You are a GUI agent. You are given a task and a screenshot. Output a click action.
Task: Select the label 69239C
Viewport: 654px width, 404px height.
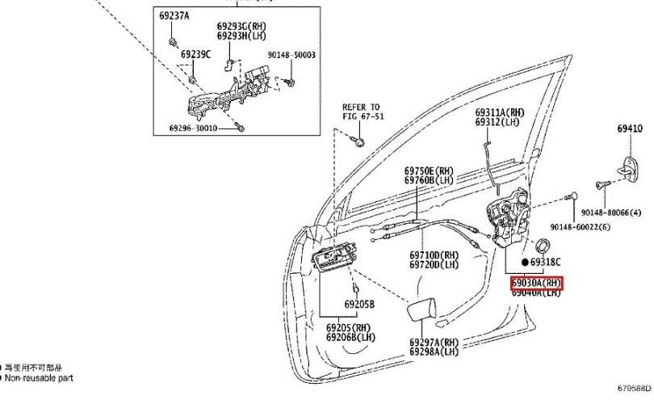coord(195,54)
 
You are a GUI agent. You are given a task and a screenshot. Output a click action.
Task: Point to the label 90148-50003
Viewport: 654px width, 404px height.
coord(291,55)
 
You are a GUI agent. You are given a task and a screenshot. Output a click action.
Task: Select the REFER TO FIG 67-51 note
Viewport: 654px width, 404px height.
coord(360,112)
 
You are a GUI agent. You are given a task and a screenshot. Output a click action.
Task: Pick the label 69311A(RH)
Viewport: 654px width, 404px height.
coord(500,112)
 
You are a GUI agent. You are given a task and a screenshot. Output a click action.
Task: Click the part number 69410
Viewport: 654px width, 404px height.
coord(630,128)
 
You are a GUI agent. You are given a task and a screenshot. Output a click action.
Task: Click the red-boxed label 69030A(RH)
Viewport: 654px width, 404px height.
coord(536,283)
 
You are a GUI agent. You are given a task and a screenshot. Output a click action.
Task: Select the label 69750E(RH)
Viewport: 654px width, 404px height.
coord(430,171)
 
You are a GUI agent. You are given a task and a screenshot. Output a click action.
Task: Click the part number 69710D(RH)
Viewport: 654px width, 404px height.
coord(434,255)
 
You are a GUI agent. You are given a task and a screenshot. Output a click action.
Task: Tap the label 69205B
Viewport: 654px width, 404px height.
coord(359,304)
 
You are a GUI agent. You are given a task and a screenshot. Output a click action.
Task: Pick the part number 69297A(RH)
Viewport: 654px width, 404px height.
coord(434,343)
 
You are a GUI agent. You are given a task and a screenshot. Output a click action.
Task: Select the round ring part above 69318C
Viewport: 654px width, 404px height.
coord(544,246)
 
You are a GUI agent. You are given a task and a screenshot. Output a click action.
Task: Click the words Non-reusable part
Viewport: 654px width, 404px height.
coord(40,377)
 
